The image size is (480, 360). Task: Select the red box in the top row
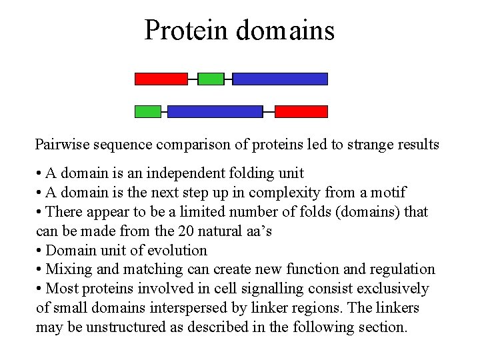pos(161,79)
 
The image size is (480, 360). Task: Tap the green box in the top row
pos(211,79)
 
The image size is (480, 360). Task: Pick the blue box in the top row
pos(280,79)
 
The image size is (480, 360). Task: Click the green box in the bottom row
pos(148,111)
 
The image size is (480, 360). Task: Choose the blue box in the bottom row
pos(215,111)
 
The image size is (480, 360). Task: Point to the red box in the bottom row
pos(301,111)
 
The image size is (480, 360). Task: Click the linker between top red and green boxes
pos(193,79)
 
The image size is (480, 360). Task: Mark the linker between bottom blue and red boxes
pos(269,111)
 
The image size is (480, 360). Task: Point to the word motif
pos(389,193)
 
